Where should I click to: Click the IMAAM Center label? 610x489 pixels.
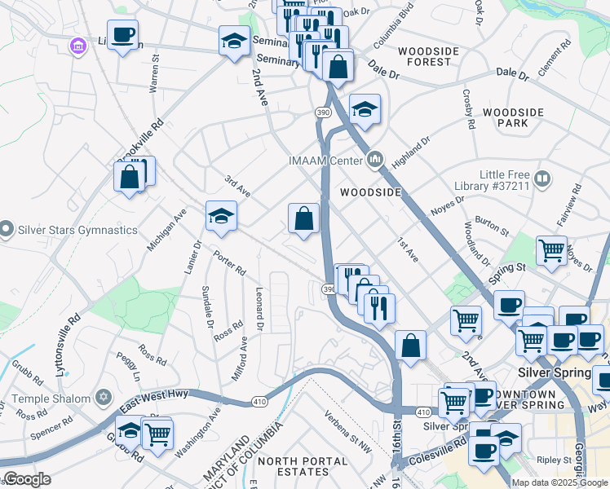click(x=324, y=160)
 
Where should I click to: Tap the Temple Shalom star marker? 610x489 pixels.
click(x=103, y=398)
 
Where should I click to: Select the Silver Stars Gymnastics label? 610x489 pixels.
click(x=78, y=230)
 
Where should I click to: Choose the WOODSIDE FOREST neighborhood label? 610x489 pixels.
click(x=424, y=56)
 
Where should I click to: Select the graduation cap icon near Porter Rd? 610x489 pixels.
click(x=221, y=217)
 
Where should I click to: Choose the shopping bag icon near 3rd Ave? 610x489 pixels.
click(x=303, y=218)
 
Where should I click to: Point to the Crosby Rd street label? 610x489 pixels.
click(x=469, y=109)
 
